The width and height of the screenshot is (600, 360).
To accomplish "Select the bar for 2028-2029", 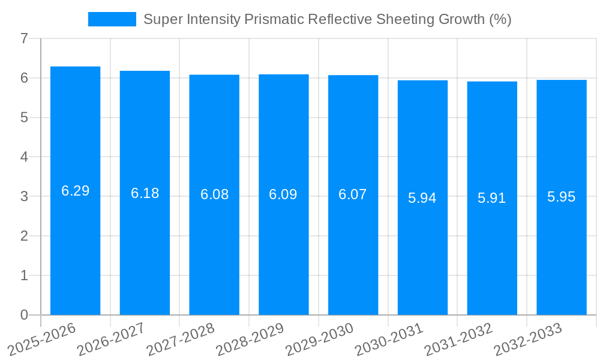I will [283, 252].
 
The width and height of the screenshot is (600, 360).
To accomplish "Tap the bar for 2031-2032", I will [492, 252].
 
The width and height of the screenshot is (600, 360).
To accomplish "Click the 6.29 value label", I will [75, 191].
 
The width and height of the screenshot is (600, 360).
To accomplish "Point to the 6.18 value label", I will [145, 193].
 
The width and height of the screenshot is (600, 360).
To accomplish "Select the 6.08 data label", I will [214, 195].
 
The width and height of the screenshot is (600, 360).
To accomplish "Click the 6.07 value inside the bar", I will [353, 195].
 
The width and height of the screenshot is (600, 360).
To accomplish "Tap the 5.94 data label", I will [422, 198].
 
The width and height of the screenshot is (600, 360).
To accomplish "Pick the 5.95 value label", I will [561, 197].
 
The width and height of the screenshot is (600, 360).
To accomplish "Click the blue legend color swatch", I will [112, 19].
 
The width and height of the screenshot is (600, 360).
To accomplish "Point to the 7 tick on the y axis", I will [24, 39].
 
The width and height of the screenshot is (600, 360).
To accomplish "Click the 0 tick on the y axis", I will [24, 315].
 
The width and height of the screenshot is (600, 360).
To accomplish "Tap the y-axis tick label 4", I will [24, 157].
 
